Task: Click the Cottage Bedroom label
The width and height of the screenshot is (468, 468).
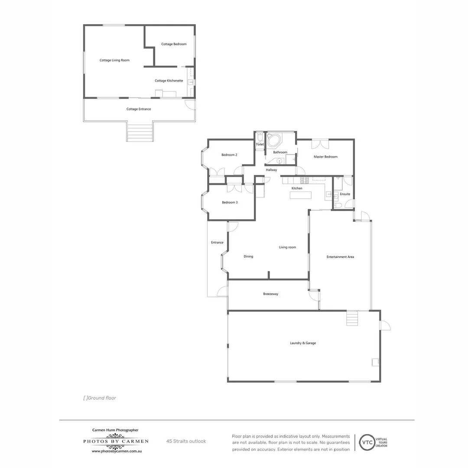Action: coord(174,44)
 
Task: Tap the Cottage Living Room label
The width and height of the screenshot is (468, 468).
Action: coord(114,60)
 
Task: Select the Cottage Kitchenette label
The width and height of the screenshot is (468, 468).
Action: coord(169,81)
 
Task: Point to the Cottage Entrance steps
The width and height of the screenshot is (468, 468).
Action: coord(140,133)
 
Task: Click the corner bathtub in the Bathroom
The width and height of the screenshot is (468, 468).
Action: coord(274,140)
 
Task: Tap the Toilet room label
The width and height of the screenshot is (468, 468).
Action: coord(260,144)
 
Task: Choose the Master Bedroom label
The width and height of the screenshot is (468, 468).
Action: coord(325,156)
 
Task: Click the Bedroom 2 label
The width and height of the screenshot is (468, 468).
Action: coord(229,155)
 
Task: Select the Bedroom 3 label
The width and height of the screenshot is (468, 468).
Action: coord(230,202)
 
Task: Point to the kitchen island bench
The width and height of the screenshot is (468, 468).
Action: coord(301,195)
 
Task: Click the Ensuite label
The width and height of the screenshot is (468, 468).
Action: coord(345,194)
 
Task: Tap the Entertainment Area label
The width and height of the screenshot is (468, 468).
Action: coord(340,257)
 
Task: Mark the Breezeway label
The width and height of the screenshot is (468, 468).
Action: coord(271,294)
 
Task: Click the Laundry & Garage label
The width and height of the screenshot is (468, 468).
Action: coord(303,343)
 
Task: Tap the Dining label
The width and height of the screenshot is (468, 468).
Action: coord(248,257)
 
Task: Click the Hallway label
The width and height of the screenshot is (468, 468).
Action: coord(271,170)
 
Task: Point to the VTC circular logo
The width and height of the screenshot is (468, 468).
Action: coord(365,442)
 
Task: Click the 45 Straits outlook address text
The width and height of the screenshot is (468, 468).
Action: coord(186,441)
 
